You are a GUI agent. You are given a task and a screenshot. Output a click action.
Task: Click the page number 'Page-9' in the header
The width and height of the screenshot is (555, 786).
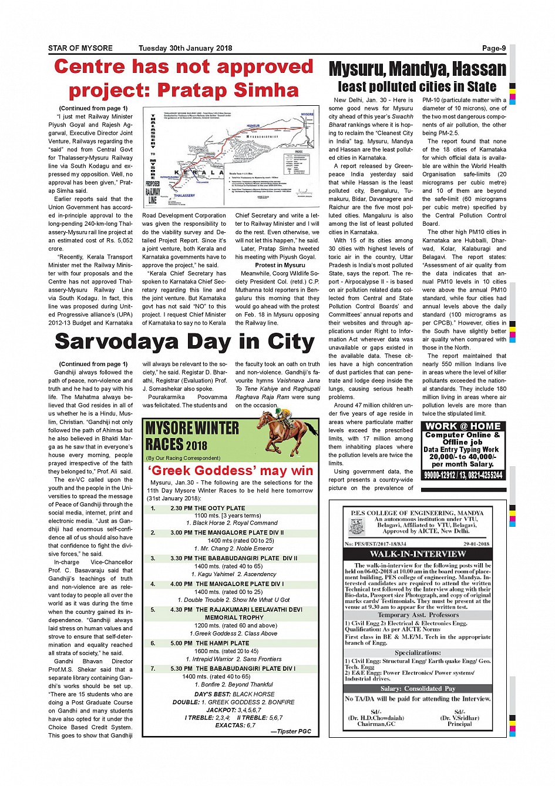493,48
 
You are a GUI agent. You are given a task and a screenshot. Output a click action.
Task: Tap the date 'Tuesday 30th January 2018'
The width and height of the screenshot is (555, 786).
185,48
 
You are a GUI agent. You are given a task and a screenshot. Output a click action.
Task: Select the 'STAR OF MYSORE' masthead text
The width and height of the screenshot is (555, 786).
80,48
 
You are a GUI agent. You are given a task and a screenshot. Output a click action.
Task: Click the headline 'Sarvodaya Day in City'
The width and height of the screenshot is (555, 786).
184,342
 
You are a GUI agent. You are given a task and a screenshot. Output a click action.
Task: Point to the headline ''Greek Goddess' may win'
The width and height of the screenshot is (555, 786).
230,471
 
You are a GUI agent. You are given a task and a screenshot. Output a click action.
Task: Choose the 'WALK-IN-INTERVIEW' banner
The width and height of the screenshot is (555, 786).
418,554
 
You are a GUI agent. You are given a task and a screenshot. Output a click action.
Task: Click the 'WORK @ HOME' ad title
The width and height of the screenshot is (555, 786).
463,426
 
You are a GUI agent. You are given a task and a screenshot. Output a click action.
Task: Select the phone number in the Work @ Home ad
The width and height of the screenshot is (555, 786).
463,475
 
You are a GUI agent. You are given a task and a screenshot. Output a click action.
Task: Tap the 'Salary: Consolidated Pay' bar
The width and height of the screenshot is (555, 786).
418,688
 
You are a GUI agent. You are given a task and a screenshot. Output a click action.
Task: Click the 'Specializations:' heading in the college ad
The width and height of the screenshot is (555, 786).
418,653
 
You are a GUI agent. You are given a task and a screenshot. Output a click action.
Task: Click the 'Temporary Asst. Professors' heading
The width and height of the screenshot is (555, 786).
418,615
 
